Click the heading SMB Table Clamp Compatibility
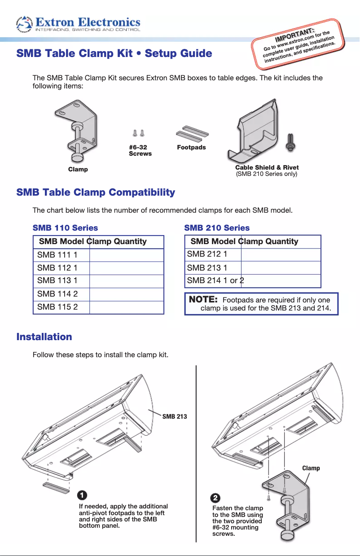96,193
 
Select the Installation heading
44,337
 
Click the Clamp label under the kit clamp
78,169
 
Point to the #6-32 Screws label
140,150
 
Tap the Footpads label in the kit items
191,147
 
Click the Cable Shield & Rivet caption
267,168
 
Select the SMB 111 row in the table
57,255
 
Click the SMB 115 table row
57,307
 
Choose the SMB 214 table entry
215,281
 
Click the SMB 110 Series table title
65,228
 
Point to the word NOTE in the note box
203,300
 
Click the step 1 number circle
82,495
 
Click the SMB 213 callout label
175,416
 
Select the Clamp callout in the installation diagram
311,468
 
